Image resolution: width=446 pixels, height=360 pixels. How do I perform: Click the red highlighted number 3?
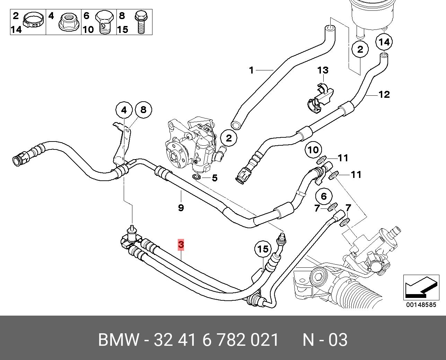point(181,245)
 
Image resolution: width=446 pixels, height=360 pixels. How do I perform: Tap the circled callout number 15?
point(263,249)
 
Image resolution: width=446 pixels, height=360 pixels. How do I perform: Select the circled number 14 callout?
point(384,42)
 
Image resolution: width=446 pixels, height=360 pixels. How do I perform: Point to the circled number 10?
point(313,150)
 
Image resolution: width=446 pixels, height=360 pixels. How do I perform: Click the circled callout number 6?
point(324,197)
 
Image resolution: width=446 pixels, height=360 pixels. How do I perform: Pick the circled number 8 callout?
point(143,110)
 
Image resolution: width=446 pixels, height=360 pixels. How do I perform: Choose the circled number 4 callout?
point(124,111)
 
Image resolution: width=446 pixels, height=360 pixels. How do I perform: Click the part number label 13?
point(323,70)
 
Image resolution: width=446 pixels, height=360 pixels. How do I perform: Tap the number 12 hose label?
point(384,94)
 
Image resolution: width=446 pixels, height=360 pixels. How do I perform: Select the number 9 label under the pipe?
point(181,208)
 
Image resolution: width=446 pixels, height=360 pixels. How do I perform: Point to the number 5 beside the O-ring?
point(215,178)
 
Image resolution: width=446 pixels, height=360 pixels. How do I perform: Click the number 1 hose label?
point(251,70)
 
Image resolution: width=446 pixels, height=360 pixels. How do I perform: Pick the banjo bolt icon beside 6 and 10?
point(104,23)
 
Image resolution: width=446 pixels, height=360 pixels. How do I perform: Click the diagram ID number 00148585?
point(421,305)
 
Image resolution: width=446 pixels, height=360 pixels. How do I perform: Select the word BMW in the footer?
point(119,340)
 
